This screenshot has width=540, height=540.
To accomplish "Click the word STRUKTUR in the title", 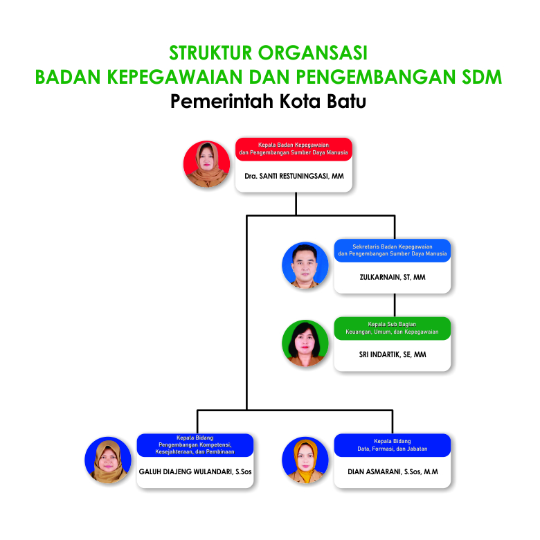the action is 210,53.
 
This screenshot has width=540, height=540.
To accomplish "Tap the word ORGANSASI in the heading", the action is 313,53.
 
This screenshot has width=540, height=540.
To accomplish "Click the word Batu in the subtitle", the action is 346,101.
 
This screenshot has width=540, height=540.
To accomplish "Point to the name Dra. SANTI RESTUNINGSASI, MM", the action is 294,176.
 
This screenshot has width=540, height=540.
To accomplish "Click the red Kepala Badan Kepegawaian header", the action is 294,149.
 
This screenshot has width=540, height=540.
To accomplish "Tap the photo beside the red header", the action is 206,164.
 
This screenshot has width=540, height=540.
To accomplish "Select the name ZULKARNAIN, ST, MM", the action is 393,277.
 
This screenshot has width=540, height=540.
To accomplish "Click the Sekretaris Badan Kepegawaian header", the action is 393,251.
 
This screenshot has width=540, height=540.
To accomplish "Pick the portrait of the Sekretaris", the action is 305,265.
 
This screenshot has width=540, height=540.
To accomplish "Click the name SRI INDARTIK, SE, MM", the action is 393,354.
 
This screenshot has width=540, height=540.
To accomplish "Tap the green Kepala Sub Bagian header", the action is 393,328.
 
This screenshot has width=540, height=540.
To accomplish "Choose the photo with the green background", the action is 305,343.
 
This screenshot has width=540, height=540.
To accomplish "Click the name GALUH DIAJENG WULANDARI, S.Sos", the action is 195,472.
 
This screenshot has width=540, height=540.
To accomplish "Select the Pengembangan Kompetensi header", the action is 195,445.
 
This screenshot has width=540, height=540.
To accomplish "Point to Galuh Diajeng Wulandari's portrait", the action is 108,460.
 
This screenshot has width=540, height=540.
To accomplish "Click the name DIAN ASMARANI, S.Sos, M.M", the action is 393,472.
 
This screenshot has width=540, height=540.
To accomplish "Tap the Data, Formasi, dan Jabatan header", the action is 393,445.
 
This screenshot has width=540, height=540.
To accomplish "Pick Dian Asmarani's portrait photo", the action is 305,460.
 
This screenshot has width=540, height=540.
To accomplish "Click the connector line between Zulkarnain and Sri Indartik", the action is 395,305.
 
